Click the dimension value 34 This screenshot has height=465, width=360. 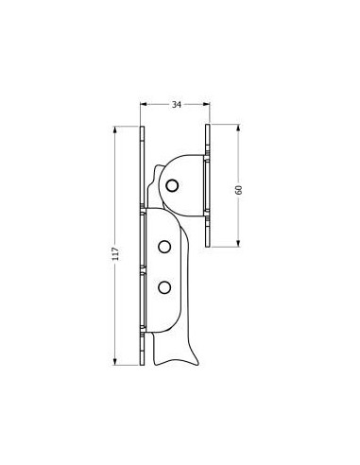[177, 105]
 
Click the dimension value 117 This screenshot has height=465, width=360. [116, 253]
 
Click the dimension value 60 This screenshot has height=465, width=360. [239, 190]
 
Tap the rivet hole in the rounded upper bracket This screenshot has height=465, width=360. [172, 185]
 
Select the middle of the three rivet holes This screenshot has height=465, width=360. [164, 247]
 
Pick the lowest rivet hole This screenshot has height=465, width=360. [164, 287]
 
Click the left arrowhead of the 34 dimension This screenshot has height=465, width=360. [144, 104]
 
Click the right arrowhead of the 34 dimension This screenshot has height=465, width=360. [207, 104]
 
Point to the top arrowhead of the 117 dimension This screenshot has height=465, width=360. [115, 129]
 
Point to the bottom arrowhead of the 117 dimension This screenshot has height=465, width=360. [115, 362]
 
